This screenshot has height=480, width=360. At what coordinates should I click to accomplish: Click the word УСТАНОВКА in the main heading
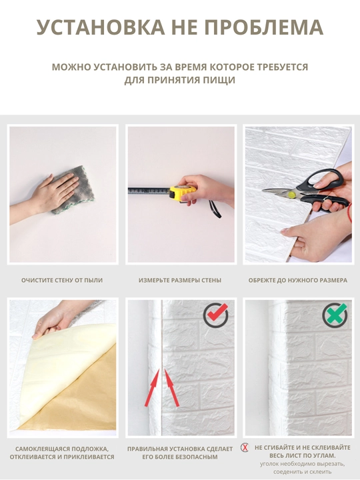pyautogui.click(x=101, y=27)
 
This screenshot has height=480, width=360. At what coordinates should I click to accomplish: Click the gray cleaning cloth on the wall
pyautogui.click(x=73, y=190)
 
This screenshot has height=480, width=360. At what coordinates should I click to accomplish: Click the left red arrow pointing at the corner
pyautogui.click(x=152, y=387)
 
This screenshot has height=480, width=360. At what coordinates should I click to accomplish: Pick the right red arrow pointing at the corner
pyautogui.click(x=172, y=387)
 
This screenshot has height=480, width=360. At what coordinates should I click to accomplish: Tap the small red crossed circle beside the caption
pyautogui.click(x=245, y=447)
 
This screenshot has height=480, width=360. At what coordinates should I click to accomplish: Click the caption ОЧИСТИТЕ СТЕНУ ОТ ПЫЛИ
pyautogui.click(x=62, y=280)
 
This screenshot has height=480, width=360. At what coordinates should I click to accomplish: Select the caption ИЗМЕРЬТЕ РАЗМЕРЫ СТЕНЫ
pyautogui.click(x=180, y=280)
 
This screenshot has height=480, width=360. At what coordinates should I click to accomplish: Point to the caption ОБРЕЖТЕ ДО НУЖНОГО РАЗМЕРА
pyautogui.click(x=297, y=280)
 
